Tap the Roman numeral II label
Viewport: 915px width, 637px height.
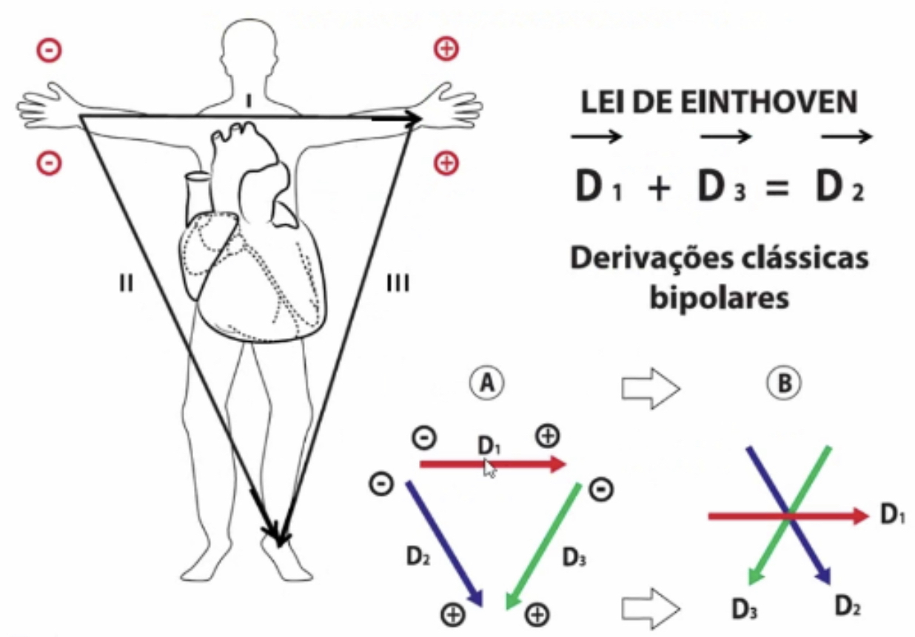(126, 283)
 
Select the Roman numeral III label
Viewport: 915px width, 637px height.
(398, 283)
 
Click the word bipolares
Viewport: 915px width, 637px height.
(717, 299)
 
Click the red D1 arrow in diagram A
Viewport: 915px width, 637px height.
(518, 464)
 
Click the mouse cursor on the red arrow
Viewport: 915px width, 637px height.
(489, 468)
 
